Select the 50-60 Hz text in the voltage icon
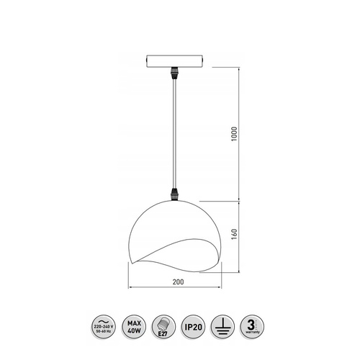tap(102, 331)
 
